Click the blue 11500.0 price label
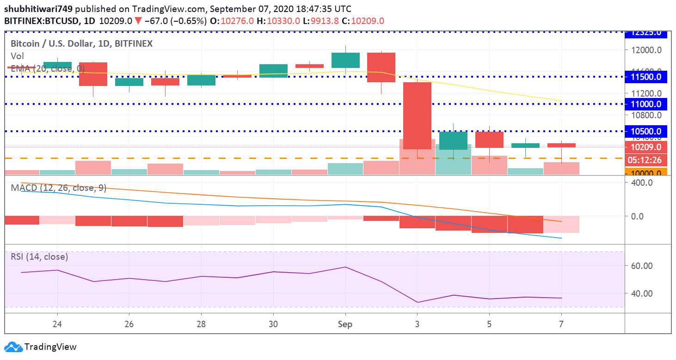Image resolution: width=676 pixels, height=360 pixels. tap(646, 77)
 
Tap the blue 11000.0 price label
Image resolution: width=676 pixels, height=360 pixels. tap(646, 104)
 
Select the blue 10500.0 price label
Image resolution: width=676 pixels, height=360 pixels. tap(646, 131)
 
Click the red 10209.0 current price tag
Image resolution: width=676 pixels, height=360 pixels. tap(646, 147)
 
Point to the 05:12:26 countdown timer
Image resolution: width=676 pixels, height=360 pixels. tap(646, 160)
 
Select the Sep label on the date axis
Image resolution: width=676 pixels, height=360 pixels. tap(345, 324)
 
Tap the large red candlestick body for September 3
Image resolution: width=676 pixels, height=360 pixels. tap(418, 116)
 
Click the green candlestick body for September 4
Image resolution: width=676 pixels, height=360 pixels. tap(453, 140)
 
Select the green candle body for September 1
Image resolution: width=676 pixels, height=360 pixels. tap(345, 60)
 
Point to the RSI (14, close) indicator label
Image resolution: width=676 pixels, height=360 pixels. tap(39, 256)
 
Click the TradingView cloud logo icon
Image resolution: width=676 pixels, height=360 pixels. tap(13, 347)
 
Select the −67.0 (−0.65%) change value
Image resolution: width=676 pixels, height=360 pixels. tap(175, 21)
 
